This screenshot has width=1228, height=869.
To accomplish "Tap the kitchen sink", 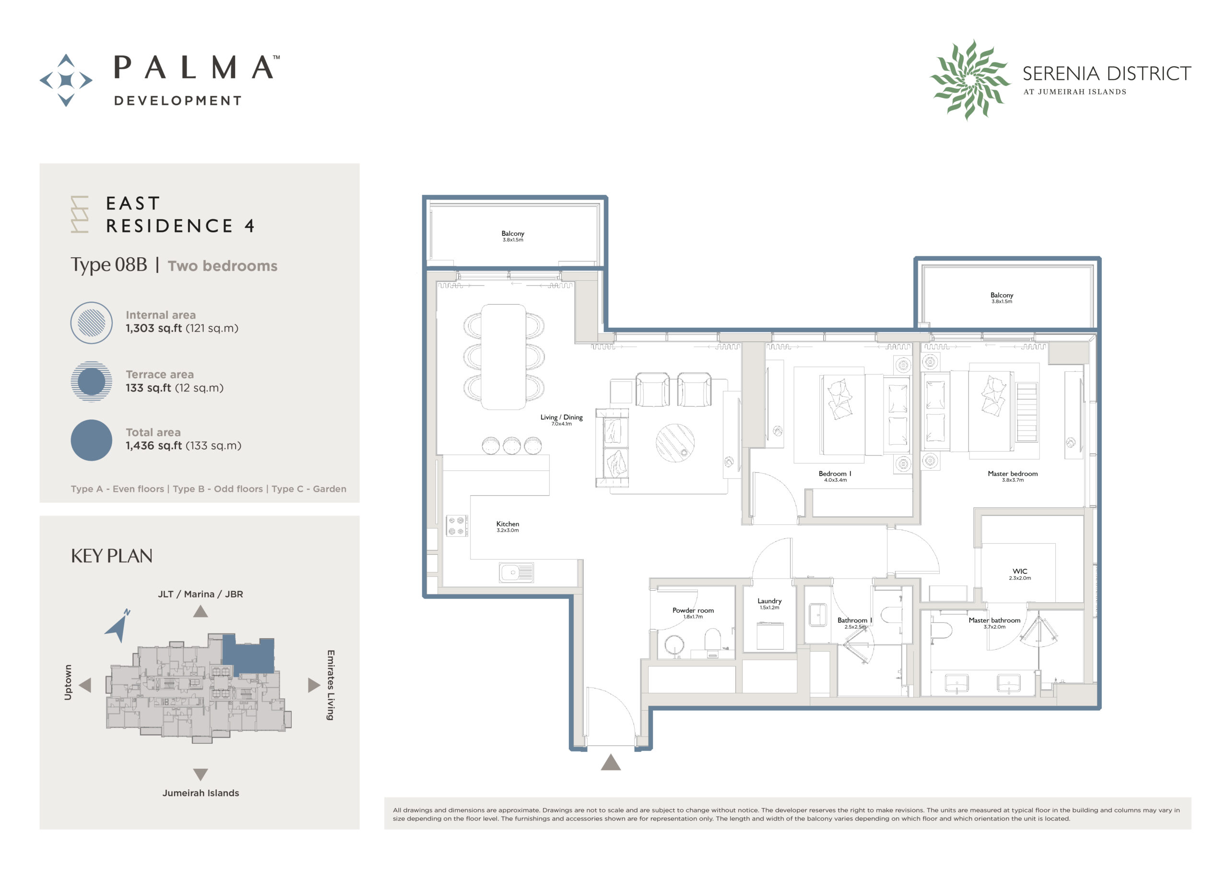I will (516, 572).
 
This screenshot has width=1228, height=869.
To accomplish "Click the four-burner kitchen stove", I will (456, 525).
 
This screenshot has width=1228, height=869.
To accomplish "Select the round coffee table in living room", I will (675, 443).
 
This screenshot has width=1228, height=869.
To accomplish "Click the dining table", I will (503, 357).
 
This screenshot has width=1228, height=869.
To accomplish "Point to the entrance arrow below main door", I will (610, 762).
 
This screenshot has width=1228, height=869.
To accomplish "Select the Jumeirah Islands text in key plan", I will (201, 793).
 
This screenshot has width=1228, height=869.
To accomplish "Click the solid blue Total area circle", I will (92, 440).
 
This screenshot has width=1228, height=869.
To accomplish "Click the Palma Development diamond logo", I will (66, 80).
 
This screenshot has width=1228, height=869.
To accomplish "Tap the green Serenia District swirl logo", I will (969, 79).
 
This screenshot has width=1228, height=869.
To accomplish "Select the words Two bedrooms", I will (223, 266).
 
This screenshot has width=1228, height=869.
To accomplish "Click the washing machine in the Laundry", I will (769, 636).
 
